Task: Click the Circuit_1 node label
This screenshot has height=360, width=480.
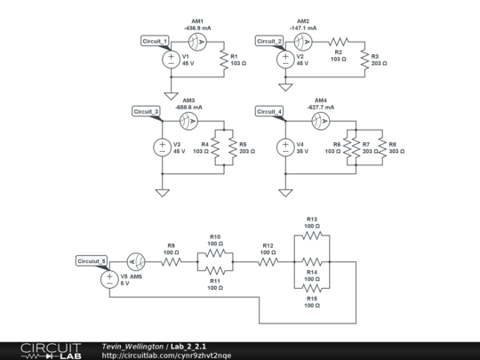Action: coord(155,41)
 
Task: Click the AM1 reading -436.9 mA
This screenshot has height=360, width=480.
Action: coord(197,28)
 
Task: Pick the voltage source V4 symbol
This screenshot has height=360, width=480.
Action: coord(285,147)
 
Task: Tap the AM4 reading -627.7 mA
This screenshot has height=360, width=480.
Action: coord(320,108)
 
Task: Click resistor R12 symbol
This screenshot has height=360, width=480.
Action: coord(268,262)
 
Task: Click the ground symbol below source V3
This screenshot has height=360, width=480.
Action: coord(162,191)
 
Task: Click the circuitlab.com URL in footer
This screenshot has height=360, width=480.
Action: coord(166,355)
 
